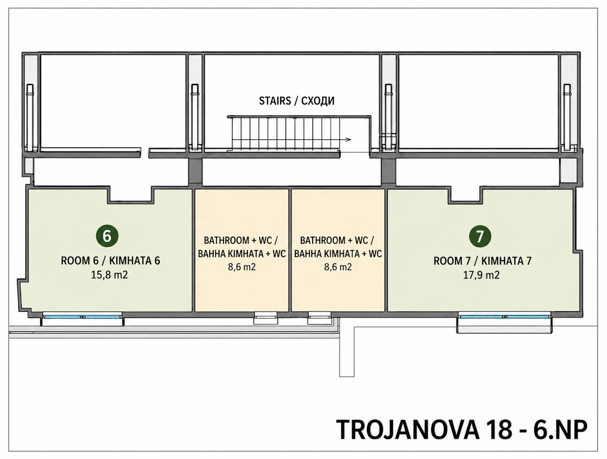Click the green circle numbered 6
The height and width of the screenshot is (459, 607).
click(x=107, y=236)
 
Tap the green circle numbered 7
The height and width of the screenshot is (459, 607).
click(x=480, y=236)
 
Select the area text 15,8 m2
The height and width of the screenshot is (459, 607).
click(x=109, y=275)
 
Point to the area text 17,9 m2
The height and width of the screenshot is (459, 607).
click(x=481, y=275)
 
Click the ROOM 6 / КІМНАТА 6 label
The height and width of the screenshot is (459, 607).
click(x=110, y=261)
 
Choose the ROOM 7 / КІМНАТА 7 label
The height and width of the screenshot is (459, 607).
click(x=482, y=261)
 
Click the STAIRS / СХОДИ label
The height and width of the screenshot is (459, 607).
click(x=297, y=101)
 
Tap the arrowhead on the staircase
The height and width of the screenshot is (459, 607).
click(x=348, y=140)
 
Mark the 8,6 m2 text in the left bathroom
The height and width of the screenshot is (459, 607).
click(x=242, y=267)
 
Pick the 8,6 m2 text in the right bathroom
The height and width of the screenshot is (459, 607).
click(x=338, y=267)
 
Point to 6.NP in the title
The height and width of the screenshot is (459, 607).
click(x=560, y=430)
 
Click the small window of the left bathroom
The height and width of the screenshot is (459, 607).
click(x=266, y=318)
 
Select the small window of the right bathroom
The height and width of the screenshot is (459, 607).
click(x=320, y=318)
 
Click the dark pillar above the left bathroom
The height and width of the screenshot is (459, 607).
click(x=195, y=172)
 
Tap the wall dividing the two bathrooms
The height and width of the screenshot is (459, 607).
click(x=290, y=250)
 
